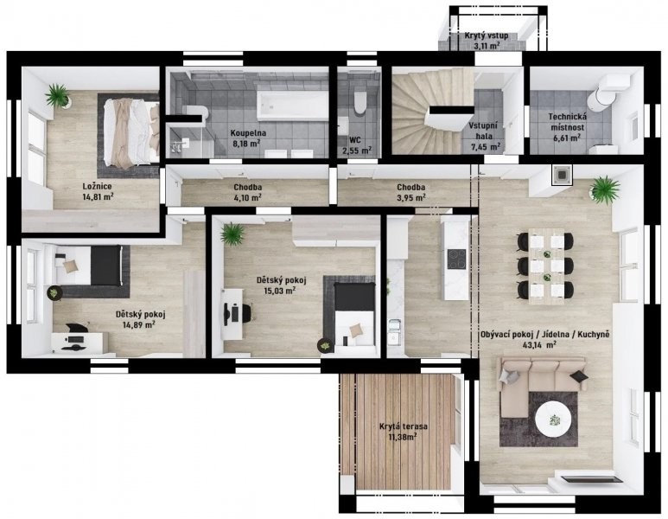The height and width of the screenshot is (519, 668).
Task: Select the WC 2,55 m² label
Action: (x=357, y=144)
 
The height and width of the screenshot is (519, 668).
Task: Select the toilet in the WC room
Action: (x=360, y=102)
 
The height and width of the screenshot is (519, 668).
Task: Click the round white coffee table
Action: (x=553, y=419)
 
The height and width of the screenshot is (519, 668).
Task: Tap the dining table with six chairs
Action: (x=546, y=266)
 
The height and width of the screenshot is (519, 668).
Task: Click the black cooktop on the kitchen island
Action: (x=457, y=259)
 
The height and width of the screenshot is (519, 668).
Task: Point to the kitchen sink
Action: (x=395, y=330)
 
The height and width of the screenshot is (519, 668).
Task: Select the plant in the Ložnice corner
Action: (x=57, y=95)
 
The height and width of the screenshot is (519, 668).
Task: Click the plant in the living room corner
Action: (x=605, y=189)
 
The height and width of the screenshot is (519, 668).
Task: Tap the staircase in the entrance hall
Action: (x=431, y=111)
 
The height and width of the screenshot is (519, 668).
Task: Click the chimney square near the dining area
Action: (x=563, y=175)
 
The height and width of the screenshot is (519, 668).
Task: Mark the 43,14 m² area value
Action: (x=538, y=344)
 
